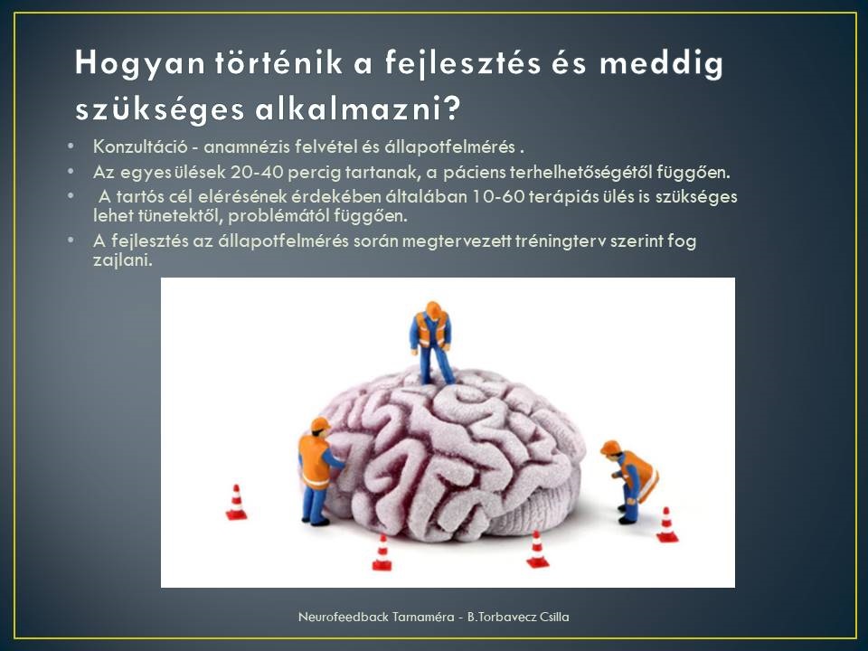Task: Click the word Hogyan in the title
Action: point(140,63)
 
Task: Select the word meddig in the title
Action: point(662,63)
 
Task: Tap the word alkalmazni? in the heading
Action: point(358,109)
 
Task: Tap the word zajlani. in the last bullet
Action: point(122,260)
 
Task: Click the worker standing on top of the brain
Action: point(432,343)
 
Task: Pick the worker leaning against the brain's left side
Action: point(318,472)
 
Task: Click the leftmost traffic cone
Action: point(236,503)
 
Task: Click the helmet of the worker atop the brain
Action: point(433,308)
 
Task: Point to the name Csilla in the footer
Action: point(553,617)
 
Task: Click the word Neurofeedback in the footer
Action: point(344,617)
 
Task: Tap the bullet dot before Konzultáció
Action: point(71,146)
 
